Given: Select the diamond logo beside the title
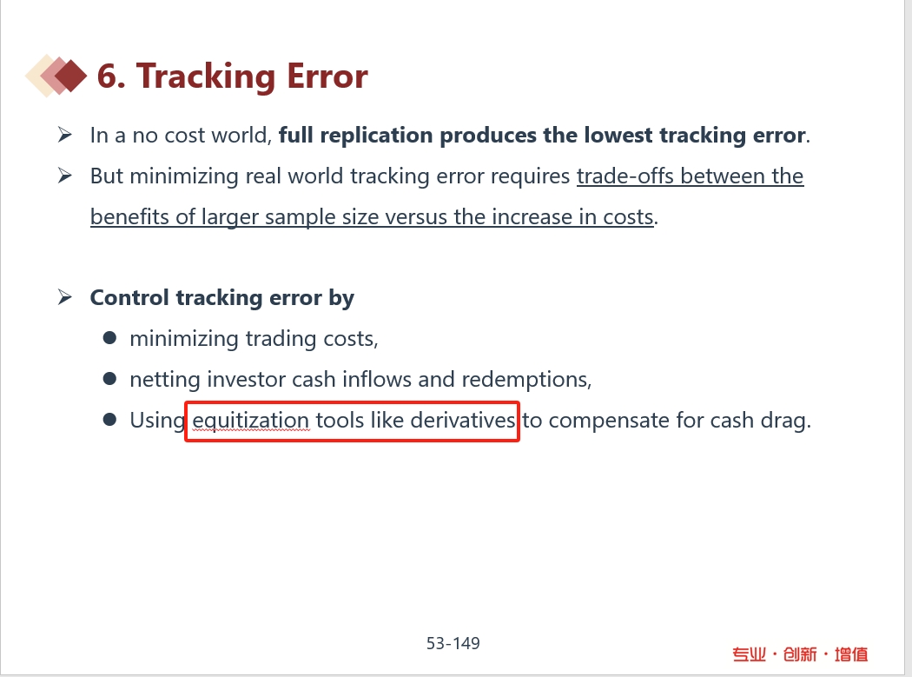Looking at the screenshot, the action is click(56, 76).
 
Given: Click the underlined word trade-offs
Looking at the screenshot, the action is click(625, 176).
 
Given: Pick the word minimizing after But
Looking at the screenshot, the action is click(184, 176).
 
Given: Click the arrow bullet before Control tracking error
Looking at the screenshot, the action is click(64, 297).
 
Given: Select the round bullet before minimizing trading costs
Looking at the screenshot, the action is click(109, 338).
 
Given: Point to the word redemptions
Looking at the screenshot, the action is click(526, 380).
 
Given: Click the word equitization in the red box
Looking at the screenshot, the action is click(251, 421).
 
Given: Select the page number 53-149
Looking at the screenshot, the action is click(453, 643).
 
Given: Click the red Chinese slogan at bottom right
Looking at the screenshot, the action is click(800, 654).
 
